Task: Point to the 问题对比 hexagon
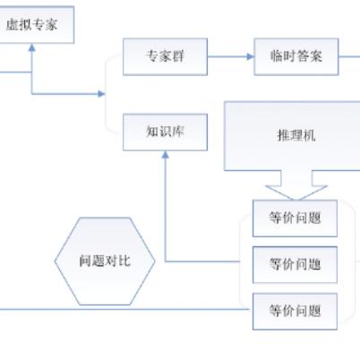click(x=104, y=261)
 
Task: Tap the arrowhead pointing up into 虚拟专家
click(x=32, y=48)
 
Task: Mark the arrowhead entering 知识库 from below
click(x=165, y=156)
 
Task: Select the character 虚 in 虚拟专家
click(x=13, y=24)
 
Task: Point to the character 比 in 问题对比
click(x=124, y=261)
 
